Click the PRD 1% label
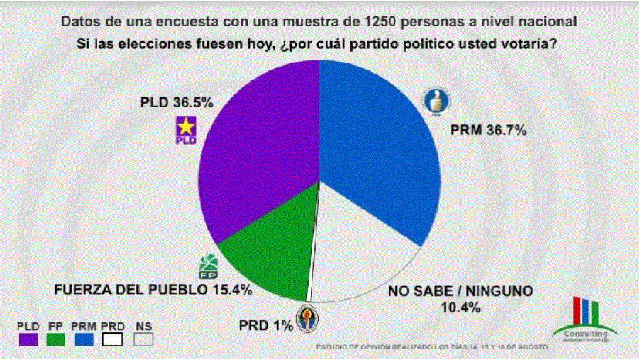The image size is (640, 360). click(266, 325)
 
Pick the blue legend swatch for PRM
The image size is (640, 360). click(83, 339)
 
